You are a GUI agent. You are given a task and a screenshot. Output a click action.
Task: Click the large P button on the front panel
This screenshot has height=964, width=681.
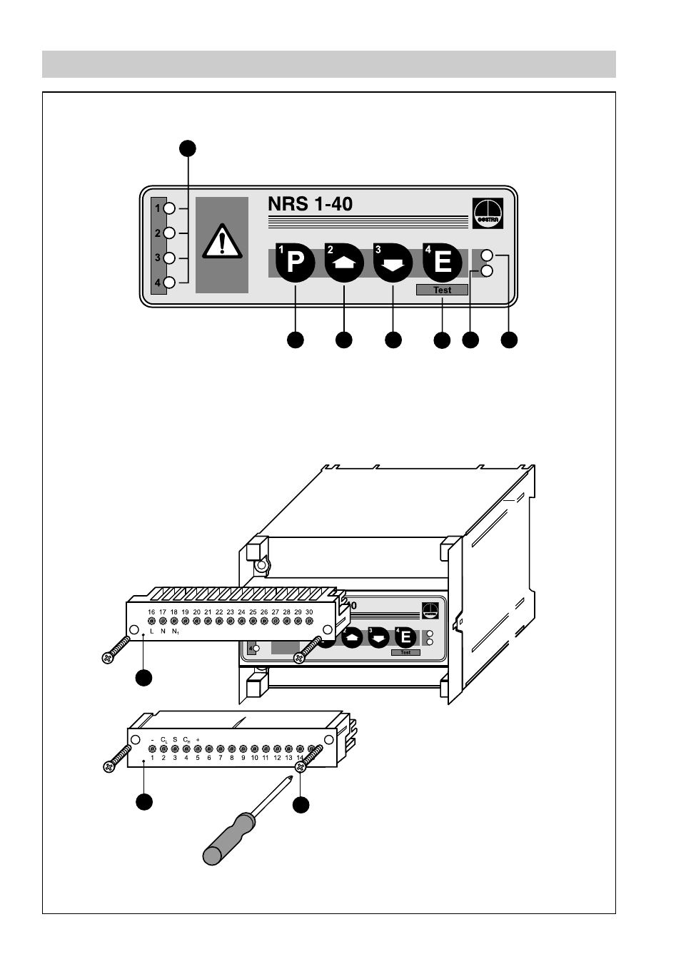(x=296, y=263)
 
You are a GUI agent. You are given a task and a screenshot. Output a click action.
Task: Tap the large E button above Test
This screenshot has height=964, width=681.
(x=443, y=263)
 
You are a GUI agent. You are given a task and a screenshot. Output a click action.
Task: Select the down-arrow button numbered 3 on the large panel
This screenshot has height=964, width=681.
(x=393, y=263)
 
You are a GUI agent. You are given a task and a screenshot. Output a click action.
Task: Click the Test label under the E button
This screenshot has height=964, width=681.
(x=443, y=290)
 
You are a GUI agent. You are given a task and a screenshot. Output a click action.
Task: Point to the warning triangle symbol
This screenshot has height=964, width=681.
(x=222, y=242)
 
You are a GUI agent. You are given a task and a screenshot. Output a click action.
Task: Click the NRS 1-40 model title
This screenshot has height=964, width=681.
(x=310, y=204)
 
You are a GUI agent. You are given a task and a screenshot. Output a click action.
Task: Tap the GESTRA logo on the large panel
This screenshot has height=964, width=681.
(x=488, y=213)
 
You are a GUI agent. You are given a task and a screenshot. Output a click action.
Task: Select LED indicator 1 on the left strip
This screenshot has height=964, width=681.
(x=169, y=208)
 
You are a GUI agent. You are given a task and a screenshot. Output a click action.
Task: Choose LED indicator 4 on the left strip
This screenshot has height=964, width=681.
(x=169, y=283)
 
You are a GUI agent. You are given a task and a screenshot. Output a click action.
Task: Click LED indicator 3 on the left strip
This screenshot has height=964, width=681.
(x=169, y=258)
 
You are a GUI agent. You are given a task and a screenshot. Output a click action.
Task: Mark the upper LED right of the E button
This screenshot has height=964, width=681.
(x=488, y=255)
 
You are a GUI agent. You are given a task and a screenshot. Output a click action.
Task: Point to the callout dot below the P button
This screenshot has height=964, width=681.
(x=295, y=340)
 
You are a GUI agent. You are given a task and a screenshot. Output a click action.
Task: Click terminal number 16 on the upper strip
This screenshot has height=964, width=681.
(x=151, y=612)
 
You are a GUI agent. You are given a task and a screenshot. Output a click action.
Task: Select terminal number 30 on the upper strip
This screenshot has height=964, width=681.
(x=309, y=612)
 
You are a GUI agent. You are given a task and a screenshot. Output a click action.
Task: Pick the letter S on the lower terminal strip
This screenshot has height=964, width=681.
(x=175, y=739)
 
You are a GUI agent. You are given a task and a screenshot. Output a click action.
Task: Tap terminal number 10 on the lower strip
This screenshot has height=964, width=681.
(x=254, y=758)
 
